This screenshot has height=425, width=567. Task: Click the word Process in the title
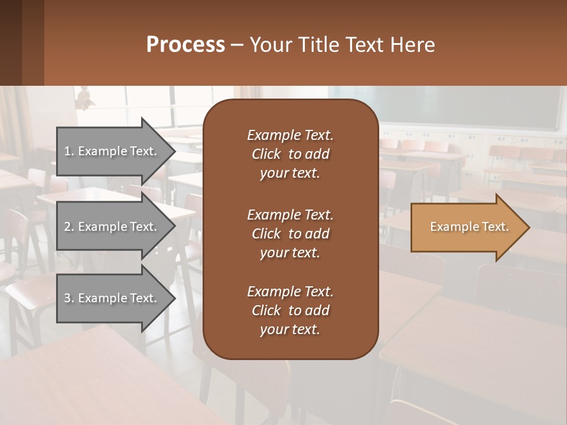tap(185, 45)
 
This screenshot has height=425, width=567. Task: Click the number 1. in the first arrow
tap(69, 151)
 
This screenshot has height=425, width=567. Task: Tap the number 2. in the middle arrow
tap(69, 227)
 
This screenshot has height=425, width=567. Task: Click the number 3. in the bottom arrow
tap(69, 298)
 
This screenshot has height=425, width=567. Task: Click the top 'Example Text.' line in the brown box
tap(290, 135)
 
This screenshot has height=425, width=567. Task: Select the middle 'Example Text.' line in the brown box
tap(290, 214)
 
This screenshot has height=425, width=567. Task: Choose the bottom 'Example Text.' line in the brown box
tap(290, 292)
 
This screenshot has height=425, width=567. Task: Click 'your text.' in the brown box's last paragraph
tap(290, 329)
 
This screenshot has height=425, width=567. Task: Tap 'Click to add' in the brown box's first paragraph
tap(290, 154)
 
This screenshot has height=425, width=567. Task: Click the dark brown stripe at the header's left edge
tap(11, 42)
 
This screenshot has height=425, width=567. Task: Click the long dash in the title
tap(237, 45)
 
